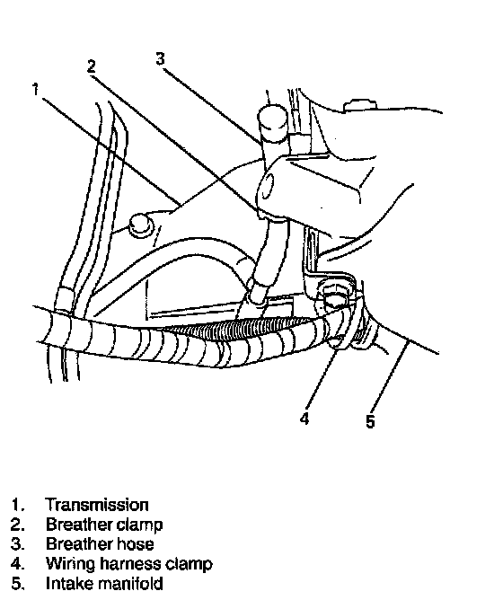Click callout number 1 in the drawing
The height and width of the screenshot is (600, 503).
[x=36, y=90]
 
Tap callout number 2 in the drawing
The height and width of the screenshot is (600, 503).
[x=91, y=66]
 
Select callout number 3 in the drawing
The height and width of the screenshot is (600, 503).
[x=161, y=58]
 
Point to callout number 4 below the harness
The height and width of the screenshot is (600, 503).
[x=304, y=419]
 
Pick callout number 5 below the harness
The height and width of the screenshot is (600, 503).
[x=370, y=421]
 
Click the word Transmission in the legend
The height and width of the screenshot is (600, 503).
[x=97, y=505]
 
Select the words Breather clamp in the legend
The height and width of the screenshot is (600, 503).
[x=104, y=525]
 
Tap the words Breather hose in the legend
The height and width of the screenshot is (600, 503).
[x=100, y=543]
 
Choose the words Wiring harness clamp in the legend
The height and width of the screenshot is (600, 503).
[x=129, y=564]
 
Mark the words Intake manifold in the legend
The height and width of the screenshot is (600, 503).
[x=104, y=584]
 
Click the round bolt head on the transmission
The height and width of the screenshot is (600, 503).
[x=141, y=226]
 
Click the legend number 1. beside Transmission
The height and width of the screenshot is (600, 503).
[x=17, y=505]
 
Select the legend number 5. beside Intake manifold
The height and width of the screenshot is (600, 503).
[x=17, y=584]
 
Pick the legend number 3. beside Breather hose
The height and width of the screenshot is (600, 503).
[x=17, y=543]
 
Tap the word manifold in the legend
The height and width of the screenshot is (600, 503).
[x=130, y=584]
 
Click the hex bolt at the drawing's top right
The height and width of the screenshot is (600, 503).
[x=360, y=105]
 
